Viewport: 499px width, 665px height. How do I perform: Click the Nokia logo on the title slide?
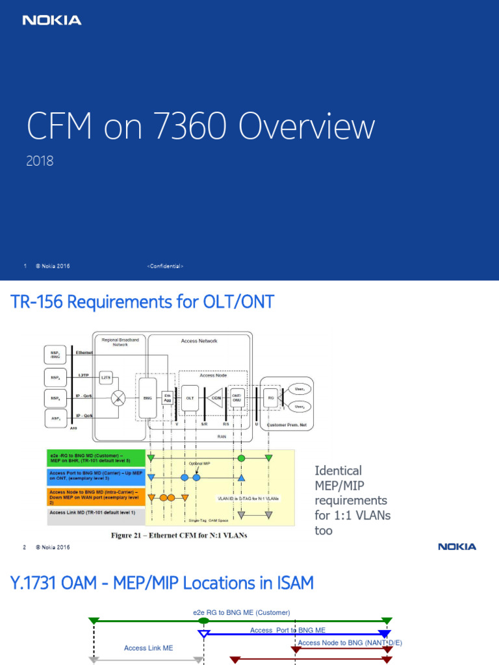(x=52, y=20)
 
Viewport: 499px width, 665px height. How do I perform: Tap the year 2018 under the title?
(x=40, y=160)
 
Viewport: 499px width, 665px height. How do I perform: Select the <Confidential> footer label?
(x=166, y=266)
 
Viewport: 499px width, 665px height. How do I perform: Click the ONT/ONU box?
(x=237, y=397)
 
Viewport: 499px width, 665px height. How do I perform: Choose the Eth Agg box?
(x=168, y=397)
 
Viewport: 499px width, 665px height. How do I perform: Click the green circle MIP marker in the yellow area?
(x=241, y=458)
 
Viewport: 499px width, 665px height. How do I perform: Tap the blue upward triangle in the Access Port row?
(x=241, y=478)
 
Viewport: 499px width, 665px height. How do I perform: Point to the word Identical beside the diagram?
(x=338, y=470)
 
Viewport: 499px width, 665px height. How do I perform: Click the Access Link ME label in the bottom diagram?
(x=148, y=648)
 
